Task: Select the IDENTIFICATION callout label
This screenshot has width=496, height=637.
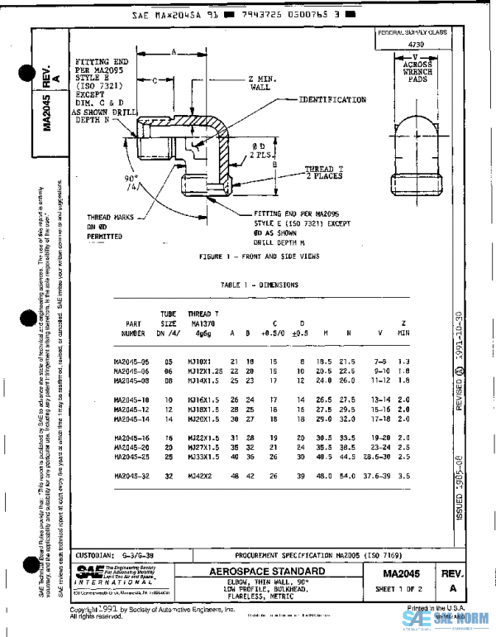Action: coord(332,99)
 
